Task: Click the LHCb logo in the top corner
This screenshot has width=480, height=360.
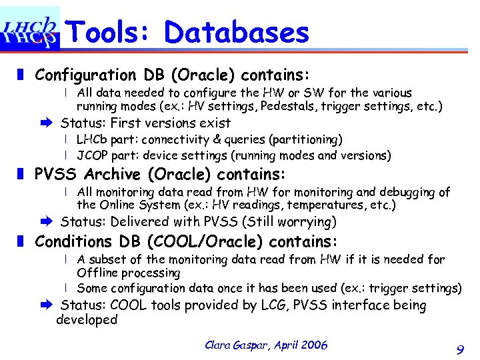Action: click(x=30, y=28)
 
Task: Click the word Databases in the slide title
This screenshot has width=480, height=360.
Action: click(x=237, y=31)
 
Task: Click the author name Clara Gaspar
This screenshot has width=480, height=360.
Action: click(x=236, y=345)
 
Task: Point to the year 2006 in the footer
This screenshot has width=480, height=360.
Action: click(x=314, y=345)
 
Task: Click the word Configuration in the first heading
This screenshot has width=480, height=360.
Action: click(x=84, y=74)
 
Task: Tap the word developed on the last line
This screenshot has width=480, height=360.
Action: click(x=87, y=320)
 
